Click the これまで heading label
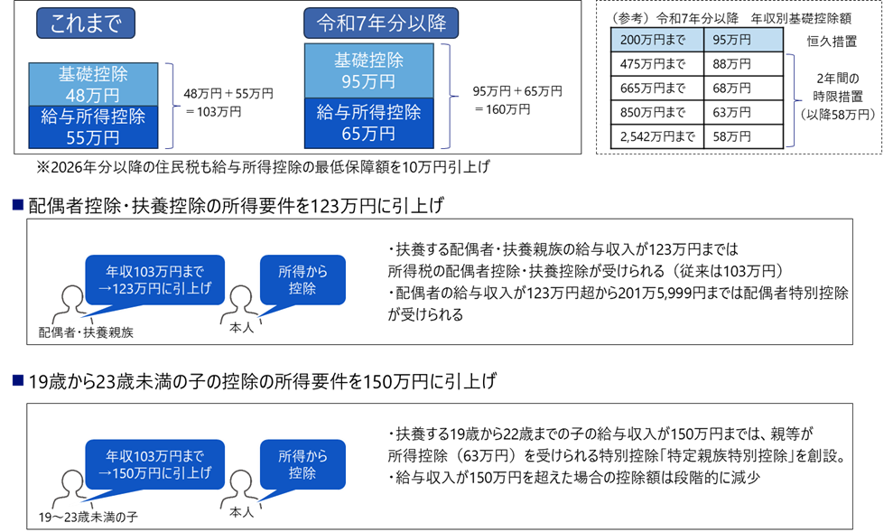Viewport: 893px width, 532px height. [x=86, y=23]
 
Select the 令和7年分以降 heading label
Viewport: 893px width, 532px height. [x=381, y=23]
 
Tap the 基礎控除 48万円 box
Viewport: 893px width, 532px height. [x=94, y=83]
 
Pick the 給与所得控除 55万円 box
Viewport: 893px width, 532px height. [x=94, y=126]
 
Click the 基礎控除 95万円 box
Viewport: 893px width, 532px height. [x=368, y=70]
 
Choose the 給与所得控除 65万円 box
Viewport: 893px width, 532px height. [x=368, y=124]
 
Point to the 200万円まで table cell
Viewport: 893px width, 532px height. [x=657, y=40]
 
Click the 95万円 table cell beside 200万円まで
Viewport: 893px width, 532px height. [x=742, y=40]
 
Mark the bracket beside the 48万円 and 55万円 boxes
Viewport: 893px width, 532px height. [x=172, y=106]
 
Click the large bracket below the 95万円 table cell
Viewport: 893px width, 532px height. [x=795, y=99]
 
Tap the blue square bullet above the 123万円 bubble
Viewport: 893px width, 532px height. [x=17, y=205]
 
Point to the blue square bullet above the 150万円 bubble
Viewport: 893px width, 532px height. [x=17, y=380]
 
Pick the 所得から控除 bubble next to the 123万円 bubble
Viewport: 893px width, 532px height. [x=302, y=279]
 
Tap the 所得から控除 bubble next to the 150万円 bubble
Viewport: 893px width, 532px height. [x=302, y=464]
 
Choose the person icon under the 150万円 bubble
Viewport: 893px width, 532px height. [x=70, y=490]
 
